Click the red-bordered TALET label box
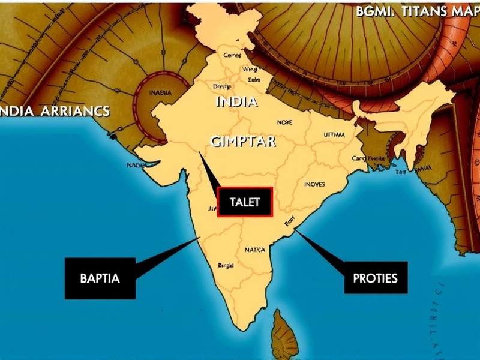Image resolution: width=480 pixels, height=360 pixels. (x=245, y=202)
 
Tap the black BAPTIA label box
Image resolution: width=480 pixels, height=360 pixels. (x=100, y=278)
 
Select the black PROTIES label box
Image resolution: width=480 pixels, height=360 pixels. (x=375, y=278)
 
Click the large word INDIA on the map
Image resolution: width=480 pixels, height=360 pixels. (x=236, y=101)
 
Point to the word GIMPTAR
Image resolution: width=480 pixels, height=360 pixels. (x=243, y=142)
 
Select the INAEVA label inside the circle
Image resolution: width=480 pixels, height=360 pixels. (x=160, y=93)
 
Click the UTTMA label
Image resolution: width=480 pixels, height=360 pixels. (x=334, y=135)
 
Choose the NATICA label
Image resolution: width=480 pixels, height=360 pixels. (x=254, y=250)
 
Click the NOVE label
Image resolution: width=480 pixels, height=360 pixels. (x=284, y=122)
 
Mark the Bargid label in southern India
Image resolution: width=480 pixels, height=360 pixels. (x=226, y=265)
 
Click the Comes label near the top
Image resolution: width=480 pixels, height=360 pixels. (x=232, y=55)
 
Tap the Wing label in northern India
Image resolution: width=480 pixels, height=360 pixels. (x=250, y=70)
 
